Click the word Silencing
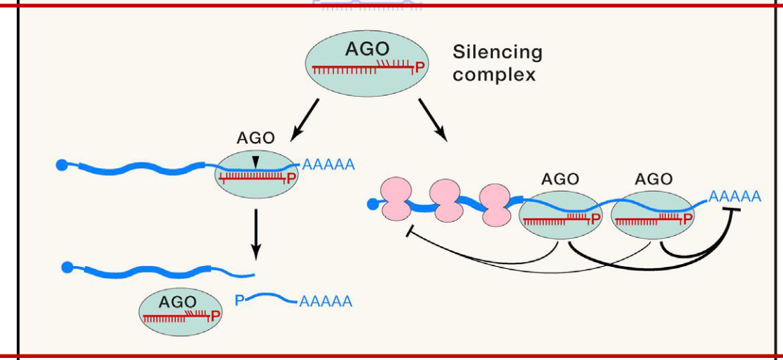pyautogui.click(x=497, y=53)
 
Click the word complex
pyautogui.click(x=494, y=74)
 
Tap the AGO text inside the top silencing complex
pyautogui.click(x=367, y=50)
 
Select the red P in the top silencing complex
pyautogui.click(x=420, y=68)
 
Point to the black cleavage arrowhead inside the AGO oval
pyautogui.click(x=256, y=162)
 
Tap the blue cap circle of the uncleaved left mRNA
pyautogui.click(x=62, y=165)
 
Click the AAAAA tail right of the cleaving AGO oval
pyautogui.click(x=328, y=165)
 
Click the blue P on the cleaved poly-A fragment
pyautogui.click(x=240, y=300)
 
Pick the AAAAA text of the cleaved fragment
pyautogui.click(x=325, y=302)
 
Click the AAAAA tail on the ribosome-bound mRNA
pyautogui.click(x=735, y=196)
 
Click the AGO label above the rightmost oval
pyautogui.click(x=653, y=179)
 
